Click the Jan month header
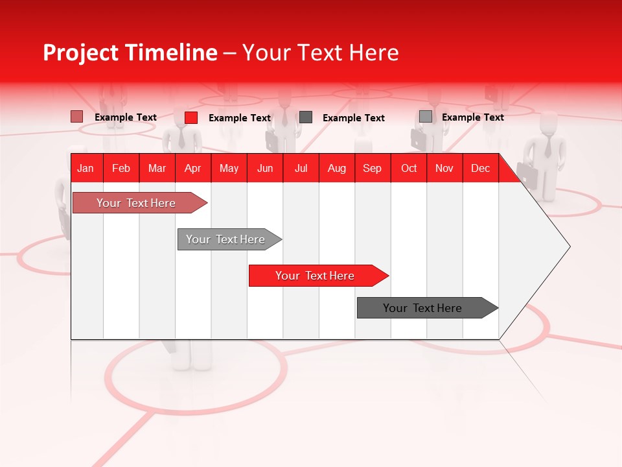click(86, 168)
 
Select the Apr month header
click(192, 168)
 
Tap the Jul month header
click(301, 168)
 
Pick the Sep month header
click(372, 168)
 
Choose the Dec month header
click(480, 168)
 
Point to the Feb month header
click(121, 168)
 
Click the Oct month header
click(409, 168)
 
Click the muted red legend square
click(77, 117)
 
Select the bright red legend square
click(191, 117)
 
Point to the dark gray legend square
click(306, 117)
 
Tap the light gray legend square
click(426, 117)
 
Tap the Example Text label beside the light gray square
click(472, 117)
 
